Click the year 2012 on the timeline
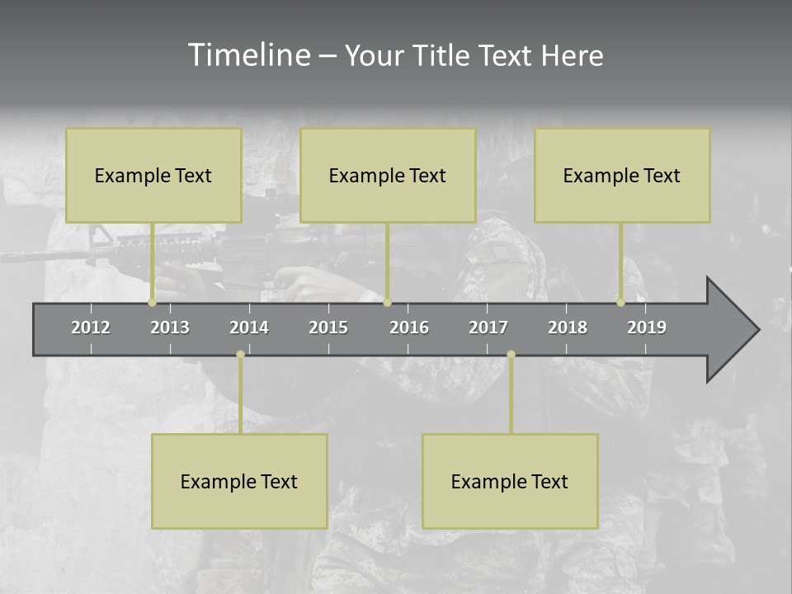(x=91, y=328)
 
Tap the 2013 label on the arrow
(x=170, y=328)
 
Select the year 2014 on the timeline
(x=249, y=328)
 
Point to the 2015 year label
(x=328, y=328)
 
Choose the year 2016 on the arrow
(x=409, y=328)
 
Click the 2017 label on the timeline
(x=488, y=328)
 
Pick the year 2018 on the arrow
(x=568, y=328)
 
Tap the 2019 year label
(x=647, y=328)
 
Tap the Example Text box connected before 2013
(x=153, y=175)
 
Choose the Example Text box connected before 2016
(x=388, y=175)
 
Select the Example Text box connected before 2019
(x=622, y=175)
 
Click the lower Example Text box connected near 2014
(x=239, y=481)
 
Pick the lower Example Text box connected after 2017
(x=510, y=481)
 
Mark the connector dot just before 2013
(x=152, y=303)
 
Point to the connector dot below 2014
(x=240, y=354)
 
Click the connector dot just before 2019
(x=620, y=303)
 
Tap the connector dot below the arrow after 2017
(x=511, y=354)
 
